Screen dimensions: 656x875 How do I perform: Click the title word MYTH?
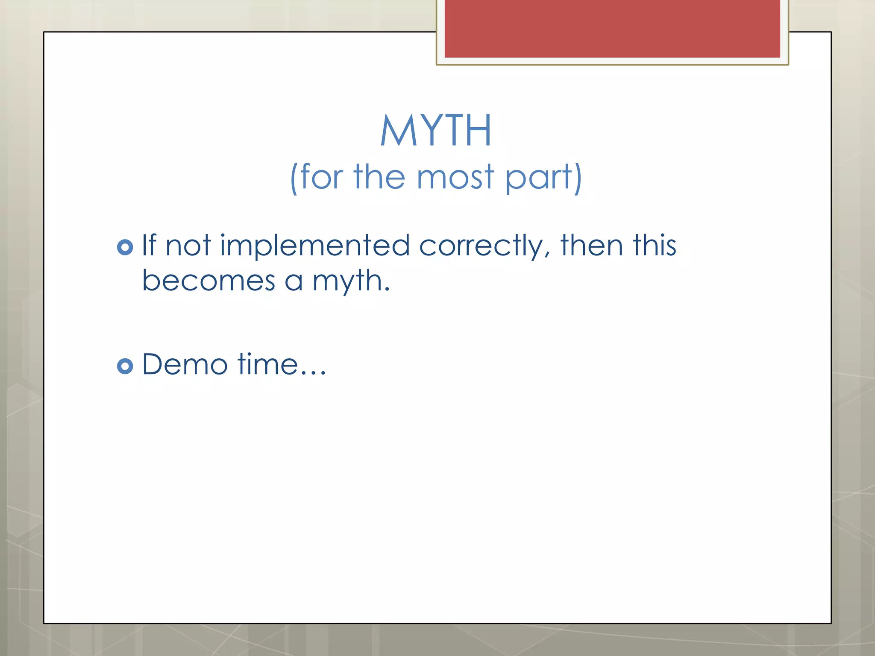pos(436,131)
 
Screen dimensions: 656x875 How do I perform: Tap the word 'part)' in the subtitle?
pos(543,178)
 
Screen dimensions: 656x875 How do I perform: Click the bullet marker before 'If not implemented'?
pos(125,247)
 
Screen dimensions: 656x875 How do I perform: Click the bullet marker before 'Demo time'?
pos(125,366)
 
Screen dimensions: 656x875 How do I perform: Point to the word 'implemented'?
pos(315,246)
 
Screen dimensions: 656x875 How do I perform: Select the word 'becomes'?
pos(208,281)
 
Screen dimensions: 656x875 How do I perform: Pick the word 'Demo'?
pos(185,364)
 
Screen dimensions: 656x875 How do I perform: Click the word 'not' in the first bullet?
pos(188,246)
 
